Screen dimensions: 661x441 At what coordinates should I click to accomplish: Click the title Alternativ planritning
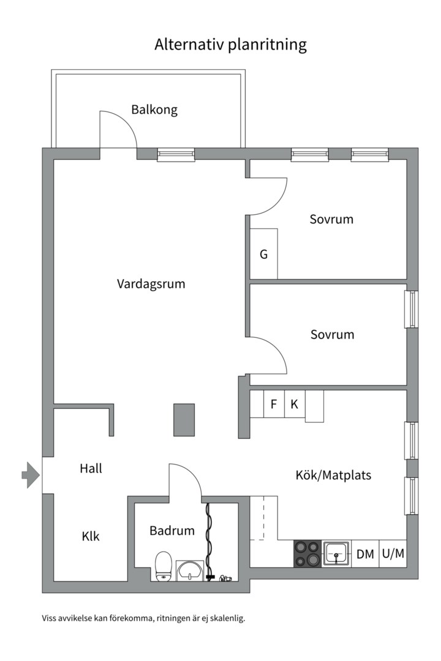(x=230, y=45)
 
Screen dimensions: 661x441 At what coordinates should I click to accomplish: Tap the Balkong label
(x=154, y=110)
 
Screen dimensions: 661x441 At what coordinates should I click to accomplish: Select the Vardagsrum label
(x=151, y=284)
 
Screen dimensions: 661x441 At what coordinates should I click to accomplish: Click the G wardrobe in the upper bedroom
(x=264, y=254)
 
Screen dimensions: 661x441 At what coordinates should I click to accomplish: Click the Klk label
(x=91, y=537)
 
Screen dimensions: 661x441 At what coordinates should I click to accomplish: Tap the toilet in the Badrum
(x=164, y=566)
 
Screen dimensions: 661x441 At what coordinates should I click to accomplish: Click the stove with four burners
(x=307, y=554)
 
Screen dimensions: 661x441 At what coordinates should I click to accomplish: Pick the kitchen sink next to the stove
(x=336, y=554)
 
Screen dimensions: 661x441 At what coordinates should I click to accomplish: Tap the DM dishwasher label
(x=365, y=555)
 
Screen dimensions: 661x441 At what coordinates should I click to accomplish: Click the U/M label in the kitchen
(x=393, y=555)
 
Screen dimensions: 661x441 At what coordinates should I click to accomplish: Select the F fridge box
(x=274, y=405)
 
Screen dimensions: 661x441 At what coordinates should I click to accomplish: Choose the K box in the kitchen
(x=294, y=405)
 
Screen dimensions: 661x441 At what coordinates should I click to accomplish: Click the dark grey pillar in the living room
(x=184, y=420)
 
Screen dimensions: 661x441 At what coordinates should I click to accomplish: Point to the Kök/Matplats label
(x=333, y=475)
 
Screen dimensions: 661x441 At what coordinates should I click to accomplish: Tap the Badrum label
(x=172, y=531)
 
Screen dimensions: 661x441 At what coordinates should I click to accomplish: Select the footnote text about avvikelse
(x=143, y=618)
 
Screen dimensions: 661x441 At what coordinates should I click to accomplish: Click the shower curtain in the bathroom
(x=208, y=539)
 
